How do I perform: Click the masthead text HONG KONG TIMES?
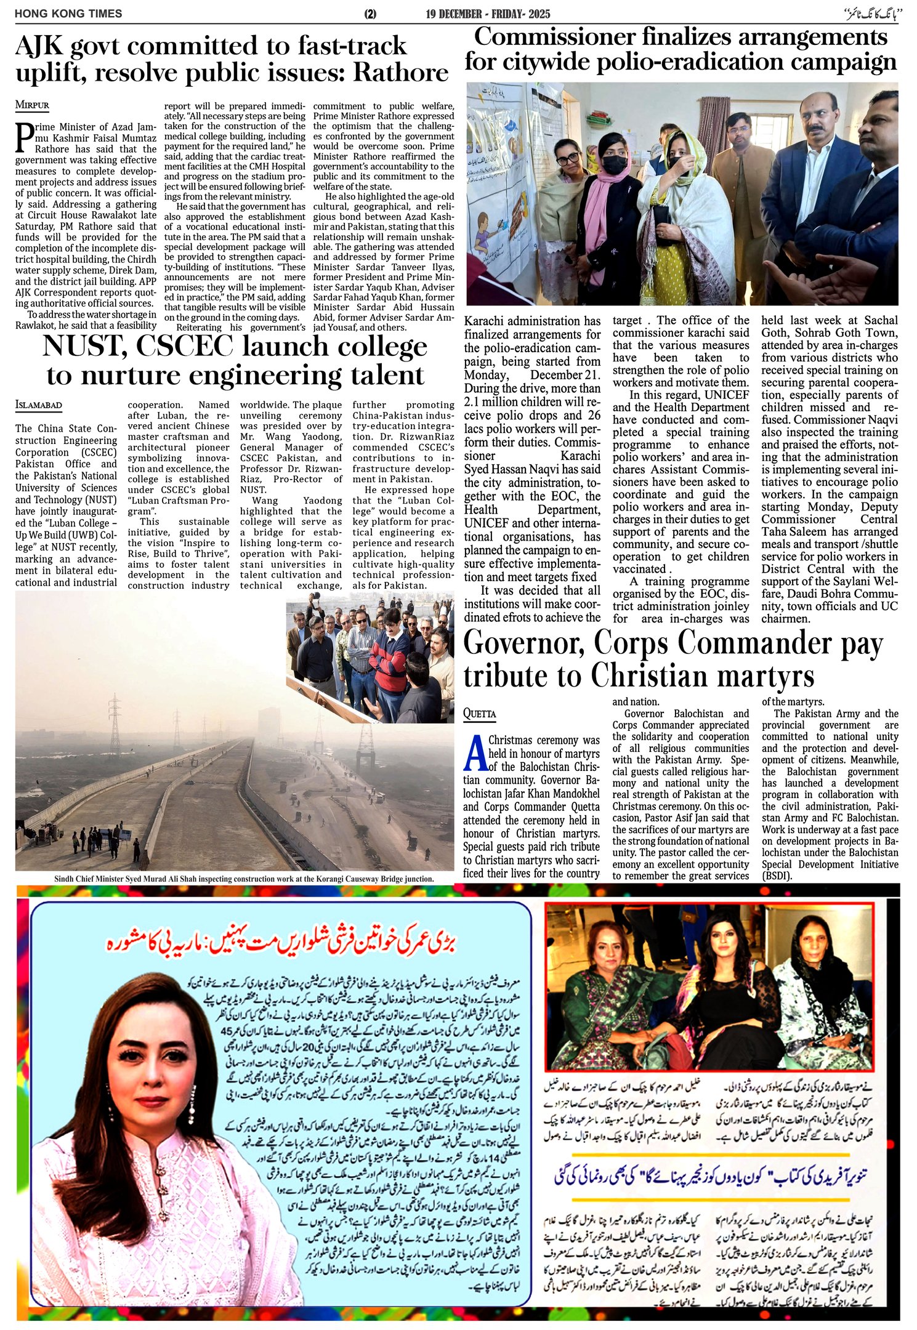(x=68, y=14)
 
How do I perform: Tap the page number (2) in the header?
(x=370, y=14)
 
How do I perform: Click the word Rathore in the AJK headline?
(x=400, y=73)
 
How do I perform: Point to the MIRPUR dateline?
(x=32, y=105)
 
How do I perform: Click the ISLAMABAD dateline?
(x=39, y=405)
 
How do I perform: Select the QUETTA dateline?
(x=480, y=714)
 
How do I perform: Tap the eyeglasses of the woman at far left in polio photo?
(x=567, y=158)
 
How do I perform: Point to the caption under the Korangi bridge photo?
(x=243, y=879)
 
